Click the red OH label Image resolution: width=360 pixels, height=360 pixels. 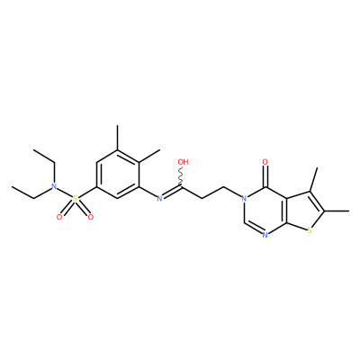click(183, 162)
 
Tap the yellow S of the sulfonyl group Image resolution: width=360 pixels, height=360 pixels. click(75, 198)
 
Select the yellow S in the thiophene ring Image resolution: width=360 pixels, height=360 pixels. click(310, 230)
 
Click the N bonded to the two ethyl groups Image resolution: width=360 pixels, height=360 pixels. click(54, 186)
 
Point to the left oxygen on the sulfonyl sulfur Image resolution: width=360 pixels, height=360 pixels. click(59, 217)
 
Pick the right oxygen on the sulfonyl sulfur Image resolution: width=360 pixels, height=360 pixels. click(91, 217)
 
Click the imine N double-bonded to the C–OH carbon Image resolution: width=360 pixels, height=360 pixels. click(160, 198)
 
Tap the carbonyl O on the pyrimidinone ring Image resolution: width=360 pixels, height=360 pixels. click(265, 162)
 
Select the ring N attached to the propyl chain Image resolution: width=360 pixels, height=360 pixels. click(244, 198)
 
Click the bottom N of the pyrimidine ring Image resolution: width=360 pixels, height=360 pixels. click(265, 235)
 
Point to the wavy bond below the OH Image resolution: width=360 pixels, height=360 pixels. click(181, 177)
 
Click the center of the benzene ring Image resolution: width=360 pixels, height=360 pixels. click(118, 175)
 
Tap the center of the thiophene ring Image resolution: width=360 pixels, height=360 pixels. click(304, 211)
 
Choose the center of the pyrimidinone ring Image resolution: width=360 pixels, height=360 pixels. click(265, 211)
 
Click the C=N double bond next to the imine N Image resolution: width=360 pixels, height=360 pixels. click(172, 192)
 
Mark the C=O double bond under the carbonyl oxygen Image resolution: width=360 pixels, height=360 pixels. click(265, 176)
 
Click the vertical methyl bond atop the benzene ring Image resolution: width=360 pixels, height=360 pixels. click(118, 138)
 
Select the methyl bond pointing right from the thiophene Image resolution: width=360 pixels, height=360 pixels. click(337, 211)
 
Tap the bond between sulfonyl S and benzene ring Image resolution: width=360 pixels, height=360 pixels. click(87, 192)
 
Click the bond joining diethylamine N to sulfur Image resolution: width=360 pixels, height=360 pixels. click(65, 193)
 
